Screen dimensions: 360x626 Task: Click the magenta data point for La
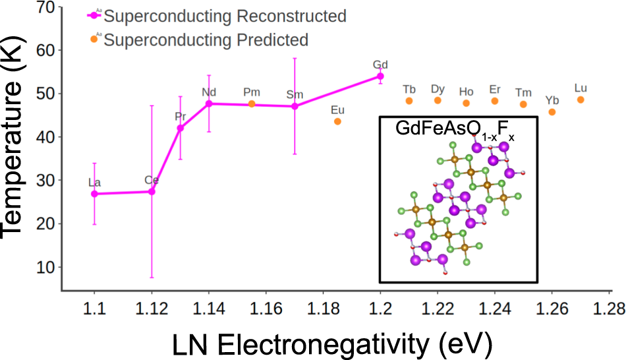pos(94,194)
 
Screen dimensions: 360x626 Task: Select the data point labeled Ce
pos(152,191)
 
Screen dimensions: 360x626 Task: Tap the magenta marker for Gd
pos(380,76)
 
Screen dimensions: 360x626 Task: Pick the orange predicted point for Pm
pos(252,104)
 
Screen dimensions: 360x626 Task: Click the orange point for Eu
pos(338,121)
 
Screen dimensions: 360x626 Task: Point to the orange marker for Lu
pos(581,100)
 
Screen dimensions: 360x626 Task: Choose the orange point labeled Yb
pos(552,112)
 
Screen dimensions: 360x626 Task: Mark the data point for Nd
pos(209,104)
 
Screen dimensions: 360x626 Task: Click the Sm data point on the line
pos(295,106)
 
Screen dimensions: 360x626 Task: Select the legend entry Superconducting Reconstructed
pos(224,16)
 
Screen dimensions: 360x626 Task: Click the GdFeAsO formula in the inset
pos(455,131)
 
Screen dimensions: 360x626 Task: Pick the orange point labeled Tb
pos(409,101)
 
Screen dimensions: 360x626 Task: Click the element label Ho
pos(466,92)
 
